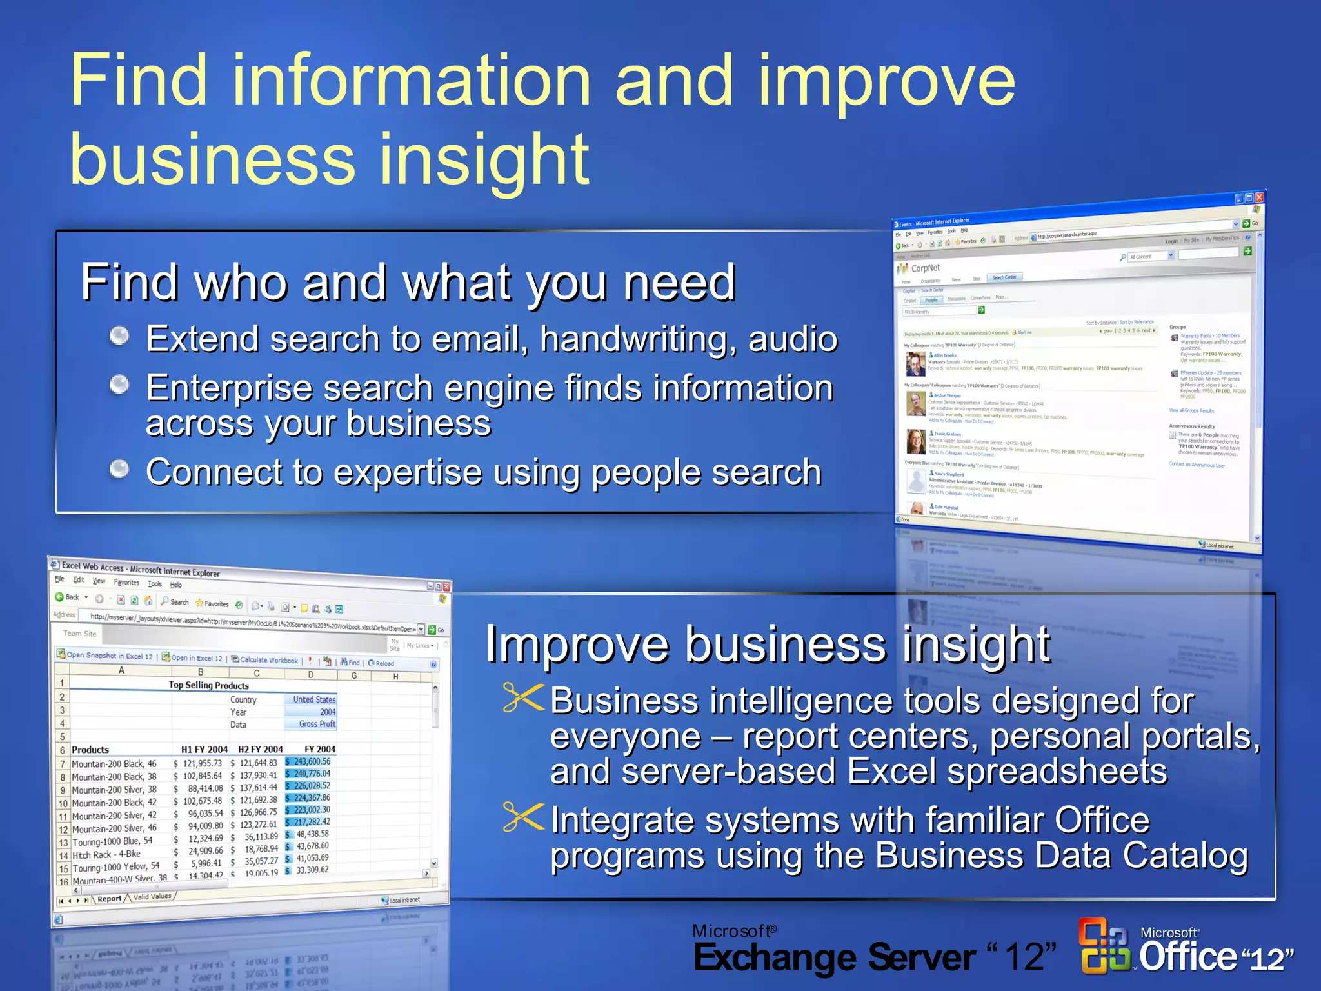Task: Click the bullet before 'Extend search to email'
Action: [119, 335]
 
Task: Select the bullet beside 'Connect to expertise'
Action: [119, 469]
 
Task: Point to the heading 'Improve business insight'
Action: [768, 644]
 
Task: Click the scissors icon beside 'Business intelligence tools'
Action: [523, 698]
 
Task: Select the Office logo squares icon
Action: [1104, 946]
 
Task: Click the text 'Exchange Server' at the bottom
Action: [833, 957]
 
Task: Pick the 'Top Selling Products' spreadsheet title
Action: [208, 685]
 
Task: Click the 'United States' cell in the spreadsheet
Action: [313, 699]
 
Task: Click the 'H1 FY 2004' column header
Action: [204, 749]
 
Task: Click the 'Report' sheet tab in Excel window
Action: [109, 899]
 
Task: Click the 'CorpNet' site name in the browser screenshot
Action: [925, 268]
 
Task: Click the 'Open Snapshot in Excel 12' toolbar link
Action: [105, 655]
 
